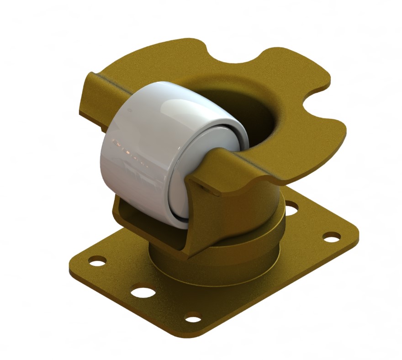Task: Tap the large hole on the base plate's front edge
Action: pos(141,291)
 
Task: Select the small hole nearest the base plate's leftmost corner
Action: pos(97,262)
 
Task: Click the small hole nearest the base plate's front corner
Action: pos(193,317)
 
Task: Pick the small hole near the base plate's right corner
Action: pos(331,237)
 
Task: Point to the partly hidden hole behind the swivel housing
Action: pos(291,210)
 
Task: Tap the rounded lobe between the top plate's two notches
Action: pos(292,69)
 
